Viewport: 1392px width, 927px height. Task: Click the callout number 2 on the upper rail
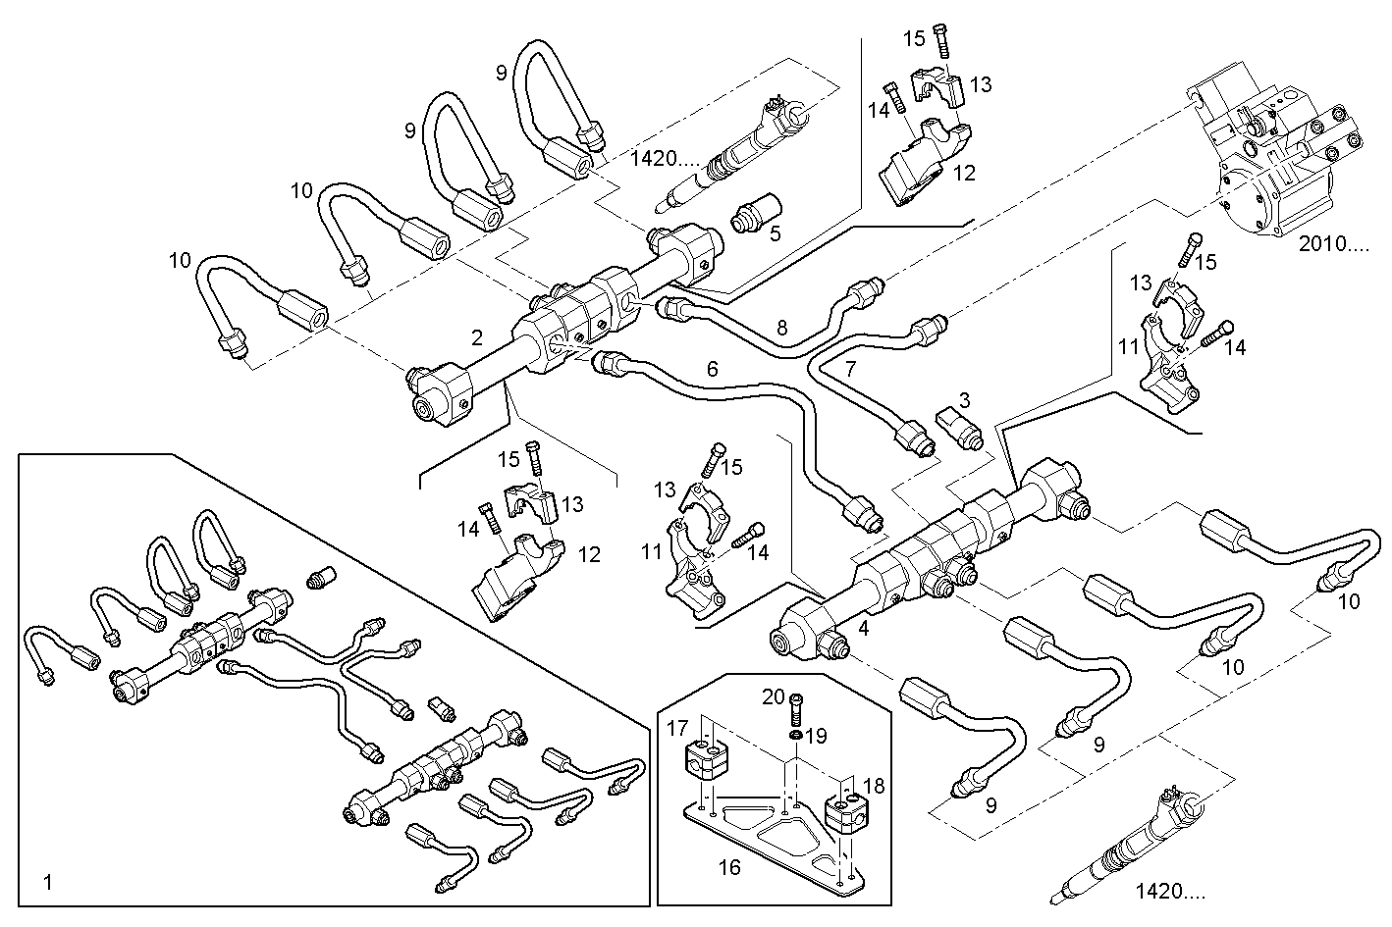point(477,338)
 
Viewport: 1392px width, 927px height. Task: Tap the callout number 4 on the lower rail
point(864,628)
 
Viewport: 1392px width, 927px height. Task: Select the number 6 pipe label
point(713,369)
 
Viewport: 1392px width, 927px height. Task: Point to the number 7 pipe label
point(850,370)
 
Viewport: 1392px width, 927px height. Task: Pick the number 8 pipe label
point(782,329)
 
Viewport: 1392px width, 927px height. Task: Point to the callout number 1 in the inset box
point(48,883)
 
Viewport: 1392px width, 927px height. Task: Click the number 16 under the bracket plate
point(730,867)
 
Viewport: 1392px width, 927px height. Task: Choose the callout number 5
point(776,234)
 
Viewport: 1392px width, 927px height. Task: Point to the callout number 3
point(965,400)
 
